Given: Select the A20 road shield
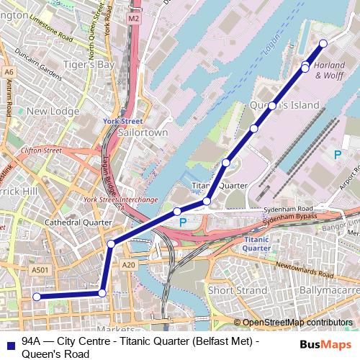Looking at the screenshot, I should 129,265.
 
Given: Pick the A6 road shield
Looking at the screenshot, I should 9,72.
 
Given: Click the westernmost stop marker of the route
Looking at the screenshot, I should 35,297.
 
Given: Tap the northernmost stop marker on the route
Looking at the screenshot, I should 323,44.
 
